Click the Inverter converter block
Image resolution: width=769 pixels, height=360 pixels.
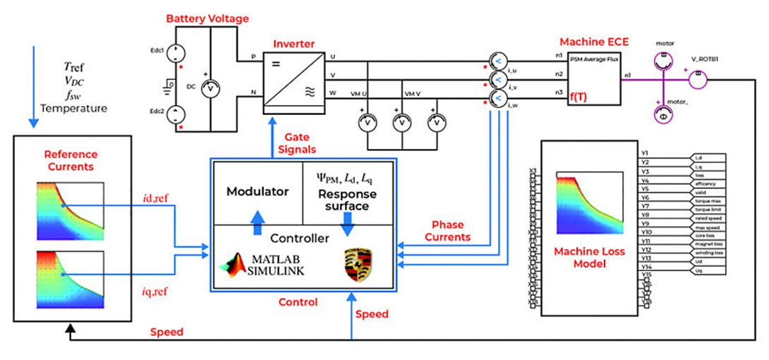click(x=292, y=82)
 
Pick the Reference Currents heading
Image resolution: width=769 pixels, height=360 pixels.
click(x=71, y=160)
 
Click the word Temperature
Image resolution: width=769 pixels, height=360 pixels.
click(x=73, y=108)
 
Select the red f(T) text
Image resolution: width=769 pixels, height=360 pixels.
click(x=579, y=102)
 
